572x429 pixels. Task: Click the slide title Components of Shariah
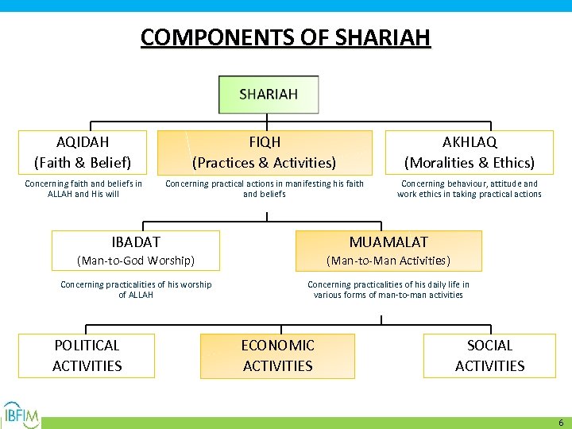pos(285,37)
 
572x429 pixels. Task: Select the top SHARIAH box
pos(269,95)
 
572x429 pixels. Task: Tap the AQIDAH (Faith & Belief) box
pos(83,153)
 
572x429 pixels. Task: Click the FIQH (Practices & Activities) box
pos(264,153)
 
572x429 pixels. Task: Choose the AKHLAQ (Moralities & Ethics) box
pos(469,153)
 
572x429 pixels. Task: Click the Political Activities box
pos(87,355)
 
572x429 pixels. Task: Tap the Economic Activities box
pos(277,355)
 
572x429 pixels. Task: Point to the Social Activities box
pos(489,355)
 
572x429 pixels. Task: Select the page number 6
pos(561,423)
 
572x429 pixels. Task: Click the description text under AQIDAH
pos(83,189)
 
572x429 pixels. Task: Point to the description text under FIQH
pos(264,189)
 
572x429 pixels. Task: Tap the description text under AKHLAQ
pos(469,189)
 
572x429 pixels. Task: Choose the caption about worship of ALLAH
pos(136,290)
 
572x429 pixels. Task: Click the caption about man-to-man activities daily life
pos(388,290)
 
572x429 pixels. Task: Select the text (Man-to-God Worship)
pos(135,261)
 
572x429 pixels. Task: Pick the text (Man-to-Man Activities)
pos(388,261)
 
